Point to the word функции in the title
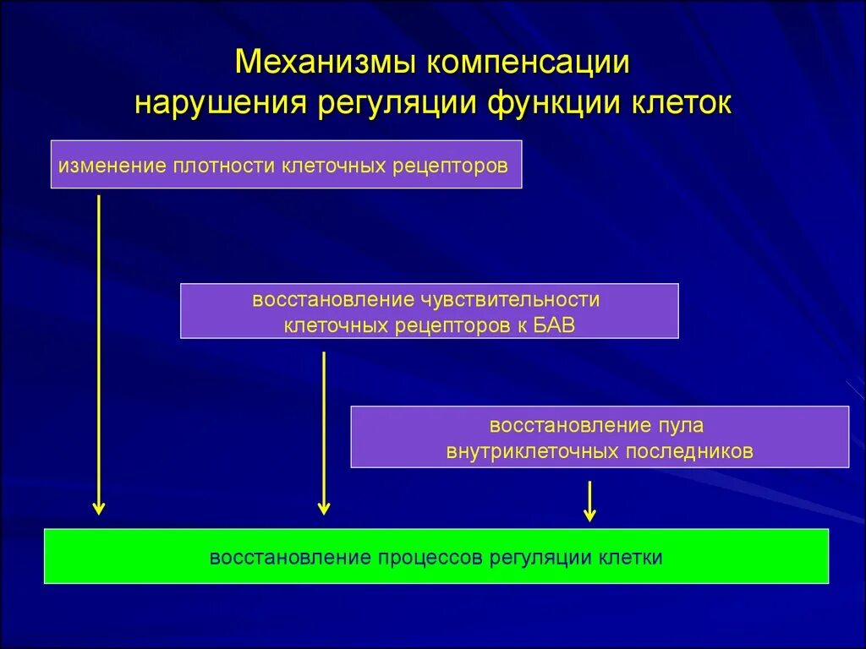(551, 103)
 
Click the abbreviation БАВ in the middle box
(552, 325)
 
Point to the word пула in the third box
(683, 425)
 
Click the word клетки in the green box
(631, 558)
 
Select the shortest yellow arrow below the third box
(590, 500)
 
